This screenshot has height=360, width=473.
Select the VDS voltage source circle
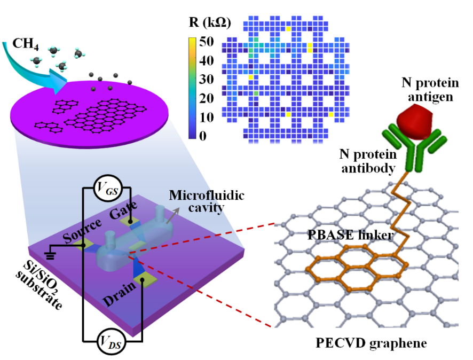click(111, 342)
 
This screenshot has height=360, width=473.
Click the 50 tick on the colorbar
click(207, 42)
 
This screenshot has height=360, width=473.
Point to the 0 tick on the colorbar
click(203, 136)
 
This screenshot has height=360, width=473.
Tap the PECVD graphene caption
click(371, 342)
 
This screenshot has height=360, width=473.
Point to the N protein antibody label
click(368, 161)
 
